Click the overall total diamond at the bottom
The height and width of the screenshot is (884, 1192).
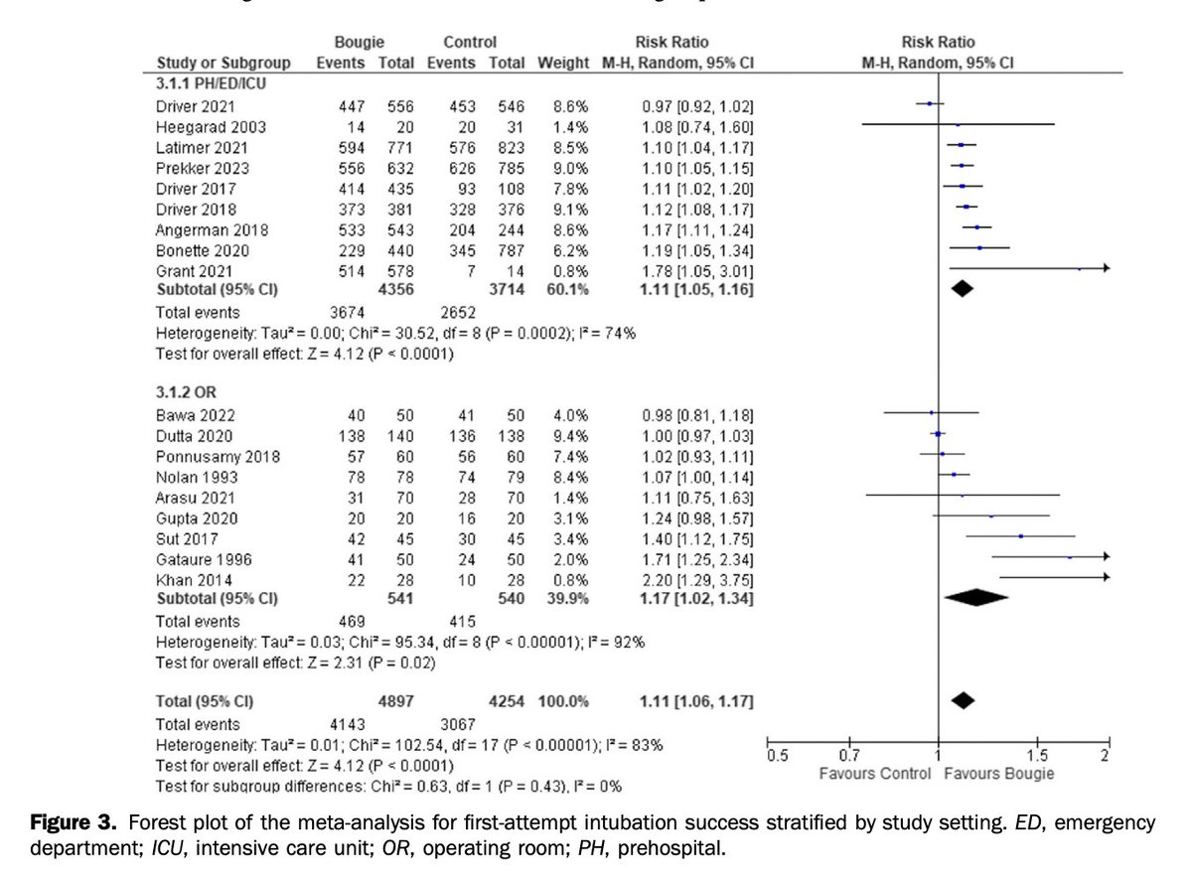pyautogui.click(x=962, y=700)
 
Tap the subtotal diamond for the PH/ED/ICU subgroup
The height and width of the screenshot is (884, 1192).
pyautogui.click(x=961, y=288)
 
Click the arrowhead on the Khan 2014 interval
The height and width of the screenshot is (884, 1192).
pyautogui.click(x=1106, y=577)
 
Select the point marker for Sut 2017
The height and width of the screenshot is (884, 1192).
pyautogui.click(x=1020, y=536)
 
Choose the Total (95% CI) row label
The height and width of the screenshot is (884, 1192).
pyautogui.click(x=201, y=702)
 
